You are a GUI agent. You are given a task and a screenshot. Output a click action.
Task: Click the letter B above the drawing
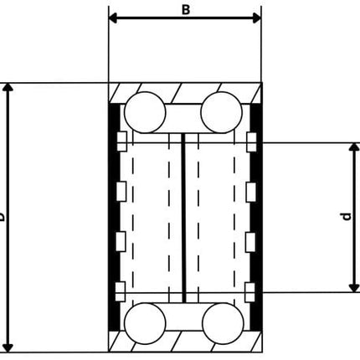coord(185,9)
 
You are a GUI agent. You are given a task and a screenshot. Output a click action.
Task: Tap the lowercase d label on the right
coord(346,217)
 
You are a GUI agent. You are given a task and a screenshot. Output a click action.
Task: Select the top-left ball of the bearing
coord(143,110)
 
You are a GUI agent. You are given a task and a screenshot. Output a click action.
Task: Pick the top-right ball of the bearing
coord(222,110)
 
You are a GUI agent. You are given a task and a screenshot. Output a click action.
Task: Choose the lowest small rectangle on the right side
coord(250,291)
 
